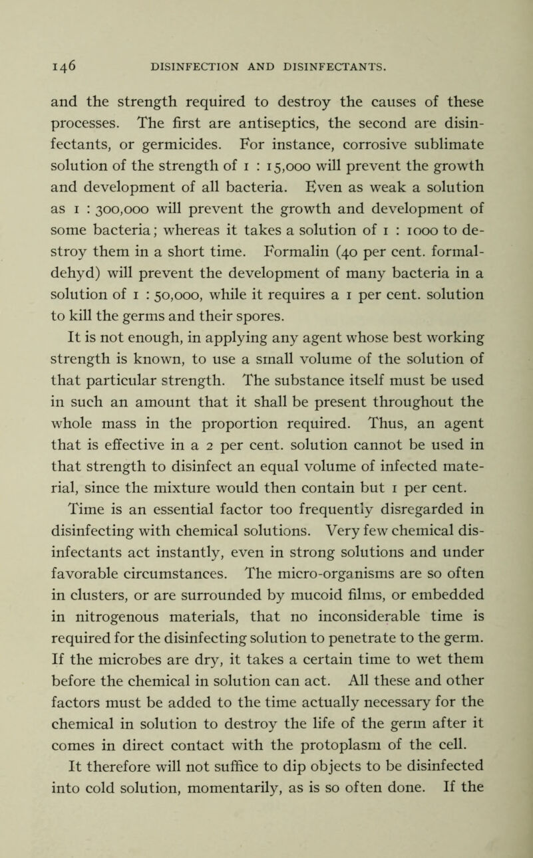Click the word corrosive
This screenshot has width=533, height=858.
(x=319, y=142)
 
